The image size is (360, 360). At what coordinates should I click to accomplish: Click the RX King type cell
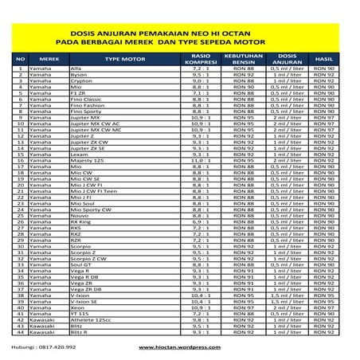coord(84,226)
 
